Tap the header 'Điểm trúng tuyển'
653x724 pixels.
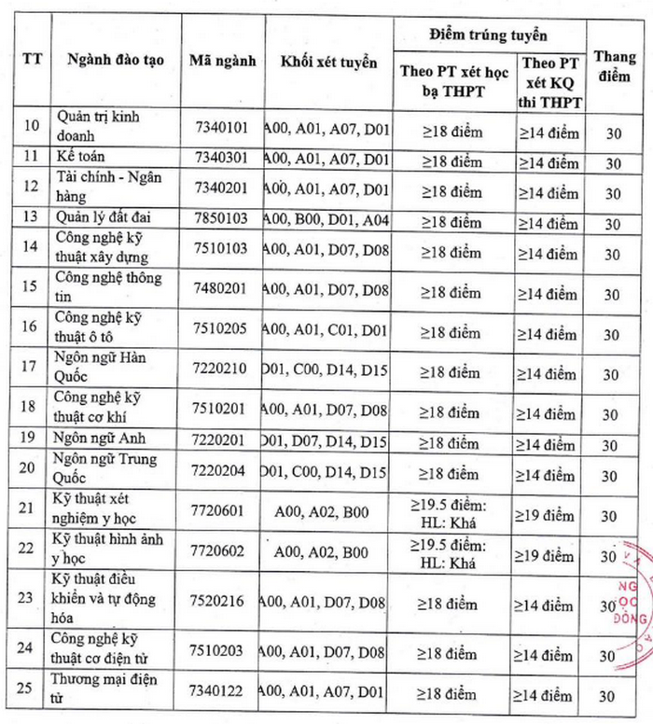tap(488, 34)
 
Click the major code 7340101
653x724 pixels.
tap(221, 125)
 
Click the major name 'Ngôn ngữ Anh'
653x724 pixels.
tap(100, 439)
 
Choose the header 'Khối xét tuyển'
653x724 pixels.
tap(329, 63)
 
